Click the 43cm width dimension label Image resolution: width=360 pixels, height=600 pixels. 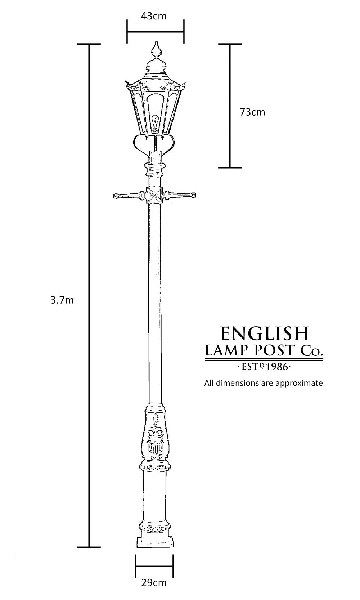(x=154, y=16)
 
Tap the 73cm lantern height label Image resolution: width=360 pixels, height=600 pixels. (x=252, y=112)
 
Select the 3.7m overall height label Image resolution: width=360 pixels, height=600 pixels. (x=62, y=300)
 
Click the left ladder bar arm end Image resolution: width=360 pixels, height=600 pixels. (x=116, y=196)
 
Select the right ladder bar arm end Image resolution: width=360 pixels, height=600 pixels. (x=193, y=195)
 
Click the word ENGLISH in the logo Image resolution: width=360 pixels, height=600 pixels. (x=265, y=333)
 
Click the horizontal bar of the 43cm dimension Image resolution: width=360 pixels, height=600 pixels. (x=156, y=32)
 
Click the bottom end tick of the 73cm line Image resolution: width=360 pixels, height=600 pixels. (x=230, y=168)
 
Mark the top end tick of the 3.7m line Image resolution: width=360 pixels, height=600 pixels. (x=89, y=44)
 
